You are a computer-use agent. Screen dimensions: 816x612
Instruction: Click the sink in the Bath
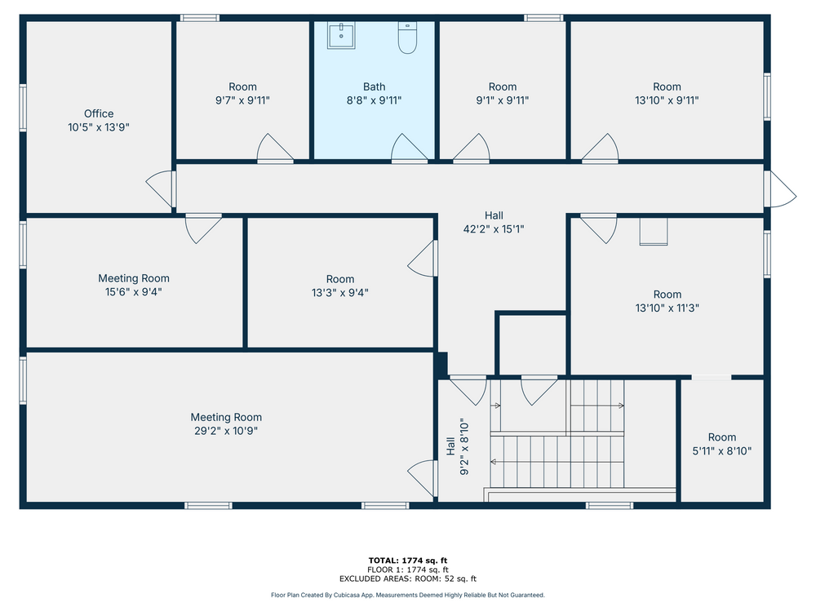341,35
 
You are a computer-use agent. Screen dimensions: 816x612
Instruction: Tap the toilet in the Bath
407,38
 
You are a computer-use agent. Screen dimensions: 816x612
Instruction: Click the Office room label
99,113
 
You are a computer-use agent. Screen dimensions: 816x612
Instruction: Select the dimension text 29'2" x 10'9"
226,431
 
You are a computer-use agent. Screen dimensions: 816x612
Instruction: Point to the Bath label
375,87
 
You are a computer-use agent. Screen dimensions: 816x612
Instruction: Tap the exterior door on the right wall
780,189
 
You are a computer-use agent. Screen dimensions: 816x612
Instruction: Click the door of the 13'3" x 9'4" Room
423,258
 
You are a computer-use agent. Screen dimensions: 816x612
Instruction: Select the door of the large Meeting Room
423,479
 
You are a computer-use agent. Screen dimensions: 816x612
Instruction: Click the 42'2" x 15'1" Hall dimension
494,229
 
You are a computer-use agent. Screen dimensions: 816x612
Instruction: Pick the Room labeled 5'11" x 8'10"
722,445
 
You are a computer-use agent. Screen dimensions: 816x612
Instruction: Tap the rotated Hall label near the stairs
450,446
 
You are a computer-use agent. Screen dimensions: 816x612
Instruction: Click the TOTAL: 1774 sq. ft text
408,561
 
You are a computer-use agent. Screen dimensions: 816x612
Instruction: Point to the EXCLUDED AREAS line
408,579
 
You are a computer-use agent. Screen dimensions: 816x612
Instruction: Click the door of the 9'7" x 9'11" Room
275,149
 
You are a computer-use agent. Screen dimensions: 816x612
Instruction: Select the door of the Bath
410,149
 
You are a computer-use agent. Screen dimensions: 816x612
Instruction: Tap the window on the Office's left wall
23,107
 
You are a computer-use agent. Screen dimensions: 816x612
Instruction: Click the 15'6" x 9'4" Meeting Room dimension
134,292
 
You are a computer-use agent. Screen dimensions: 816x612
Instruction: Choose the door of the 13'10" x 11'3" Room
598,228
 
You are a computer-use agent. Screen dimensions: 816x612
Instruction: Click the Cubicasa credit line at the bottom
408,595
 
